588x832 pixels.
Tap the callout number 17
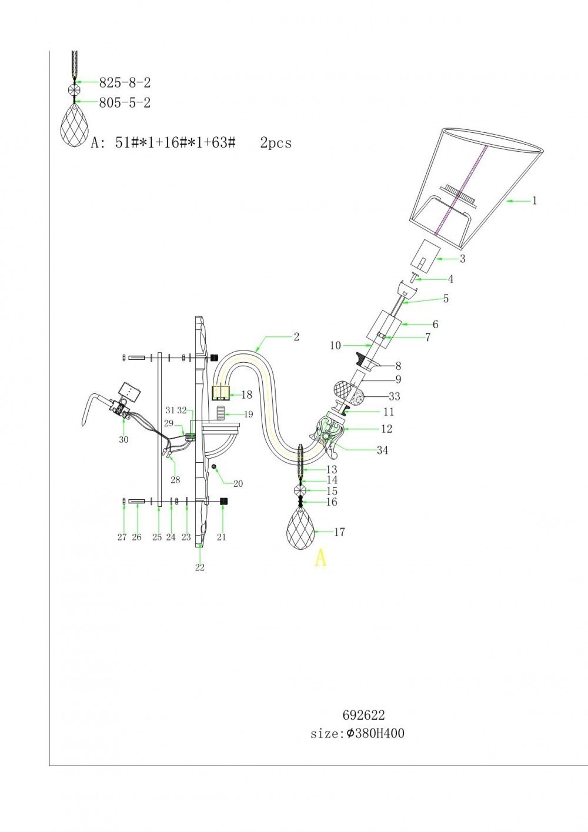click(339, 532)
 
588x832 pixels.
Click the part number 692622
click(363, 715)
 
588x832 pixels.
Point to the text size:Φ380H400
click(358, 734)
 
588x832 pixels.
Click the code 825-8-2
click(125, 83)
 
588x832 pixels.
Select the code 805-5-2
click(125, 103)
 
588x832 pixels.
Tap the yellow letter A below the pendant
click(320, 557)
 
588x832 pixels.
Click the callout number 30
click(123, 440)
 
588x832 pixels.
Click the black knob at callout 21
click(223, 501)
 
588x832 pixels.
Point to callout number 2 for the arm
click(296, 336)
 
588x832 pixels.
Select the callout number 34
click(382, 450)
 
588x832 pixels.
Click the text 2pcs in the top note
click(276, 143)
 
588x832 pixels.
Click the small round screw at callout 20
click(215, 466)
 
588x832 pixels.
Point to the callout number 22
click(200, 567)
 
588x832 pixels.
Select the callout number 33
click(394, 397)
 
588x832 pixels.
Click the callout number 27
click(122, 537)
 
